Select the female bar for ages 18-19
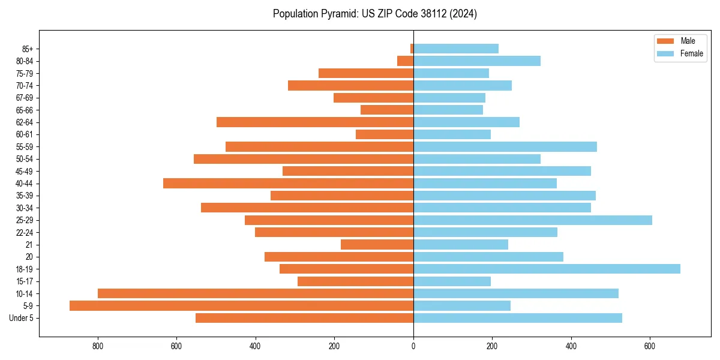click(x=547, y=269)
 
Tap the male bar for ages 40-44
click(x=288, y=184)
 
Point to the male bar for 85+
click(x=412, y=49)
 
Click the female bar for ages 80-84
click(x=477, y=61)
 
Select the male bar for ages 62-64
click(x=315, y=122)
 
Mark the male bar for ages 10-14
click(x=256, y=293)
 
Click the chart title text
click(x=375, y=14)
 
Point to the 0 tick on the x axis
click(x=413, y=346)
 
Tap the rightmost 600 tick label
click(x=650, y=346)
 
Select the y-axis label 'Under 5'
click(x=21, y=318)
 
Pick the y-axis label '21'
click(x=29, y=245)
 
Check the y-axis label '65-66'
click(x=25, y=110)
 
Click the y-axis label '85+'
click(x=26, y=49)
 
